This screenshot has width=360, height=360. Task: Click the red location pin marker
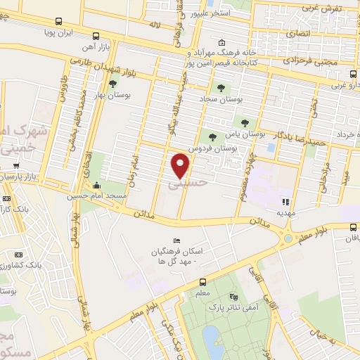[x=181, y=165]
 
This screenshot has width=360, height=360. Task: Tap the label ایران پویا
[x=59, y=33]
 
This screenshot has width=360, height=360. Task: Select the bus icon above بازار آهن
[x=96, y=35]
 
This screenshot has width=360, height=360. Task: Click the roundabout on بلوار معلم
[x=288, y=239]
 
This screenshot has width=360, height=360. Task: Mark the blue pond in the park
[x=210, y=338]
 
